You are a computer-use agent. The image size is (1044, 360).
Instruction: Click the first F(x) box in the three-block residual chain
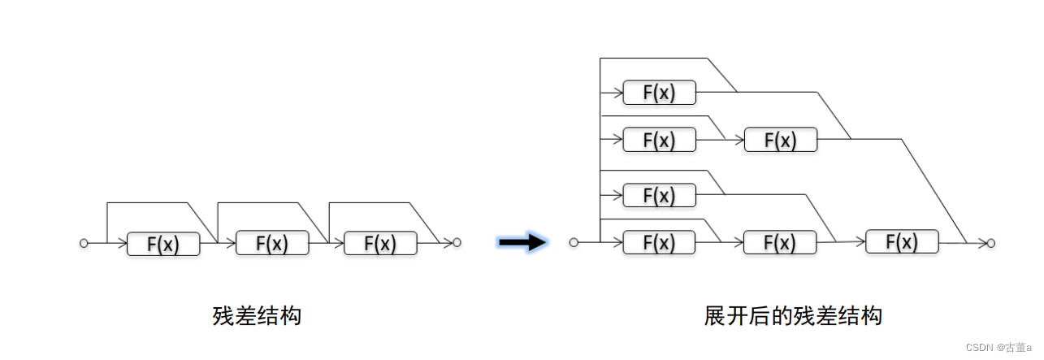pos(163,243)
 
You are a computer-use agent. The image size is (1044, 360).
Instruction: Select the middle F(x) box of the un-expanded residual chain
pos(272,243)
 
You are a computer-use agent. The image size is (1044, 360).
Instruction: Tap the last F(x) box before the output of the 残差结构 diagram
pos(380,243)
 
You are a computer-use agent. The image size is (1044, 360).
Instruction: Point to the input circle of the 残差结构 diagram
pos(84,243)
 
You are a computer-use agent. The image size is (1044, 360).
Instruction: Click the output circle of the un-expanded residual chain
pos(457,242)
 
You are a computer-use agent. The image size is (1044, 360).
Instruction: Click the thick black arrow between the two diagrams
pos(523,241)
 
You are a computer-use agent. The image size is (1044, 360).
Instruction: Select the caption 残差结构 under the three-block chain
pos(257,315)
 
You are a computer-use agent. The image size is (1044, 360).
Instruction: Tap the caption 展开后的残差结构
pos(793,315)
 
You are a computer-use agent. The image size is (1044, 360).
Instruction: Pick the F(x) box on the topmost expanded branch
pos(659,93)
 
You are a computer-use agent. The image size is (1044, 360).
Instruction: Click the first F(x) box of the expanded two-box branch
pos(659,140)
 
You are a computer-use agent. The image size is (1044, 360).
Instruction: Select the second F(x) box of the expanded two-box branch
pos(781,140)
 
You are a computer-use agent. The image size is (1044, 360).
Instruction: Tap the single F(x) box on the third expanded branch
pos(659,195)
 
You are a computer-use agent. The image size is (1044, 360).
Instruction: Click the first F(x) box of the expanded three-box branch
pos(659,242)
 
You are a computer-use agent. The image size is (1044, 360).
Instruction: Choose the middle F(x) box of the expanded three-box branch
pos(781,242)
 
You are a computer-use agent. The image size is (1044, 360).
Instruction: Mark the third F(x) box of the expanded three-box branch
pos(902,242)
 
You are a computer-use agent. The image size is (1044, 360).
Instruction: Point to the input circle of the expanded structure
pos(574,242)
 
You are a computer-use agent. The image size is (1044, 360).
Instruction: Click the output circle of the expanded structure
pos(991,242)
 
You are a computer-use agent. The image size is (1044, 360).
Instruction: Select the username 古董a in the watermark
pos(1020,347)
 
